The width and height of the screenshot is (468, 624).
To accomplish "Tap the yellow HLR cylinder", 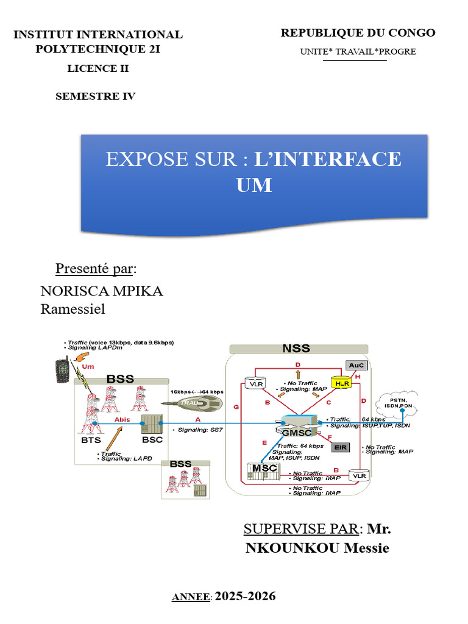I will point(342,383).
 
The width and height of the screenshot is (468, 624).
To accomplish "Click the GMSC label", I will point(297,433).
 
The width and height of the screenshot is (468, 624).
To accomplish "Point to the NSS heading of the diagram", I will point(296,349).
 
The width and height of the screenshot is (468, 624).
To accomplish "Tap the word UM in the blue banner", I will point(254,185).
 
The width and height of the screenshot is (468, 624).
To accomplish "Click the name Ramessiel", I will point(73,309).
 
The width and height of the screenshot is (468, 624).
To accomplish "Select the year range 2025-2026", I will point(246,596).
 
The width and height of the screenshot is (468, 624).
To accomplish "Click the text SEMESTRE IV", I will point(95,96).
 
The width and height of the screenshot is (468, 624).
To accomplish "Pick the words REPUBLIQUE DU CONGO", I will point(358,33).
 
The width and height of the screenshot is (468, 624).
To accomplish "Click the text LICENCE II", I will point(97,68).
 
